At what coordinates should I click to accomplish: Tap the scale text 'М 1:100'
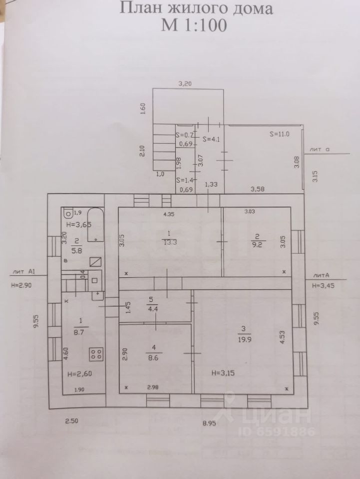coord(194,25)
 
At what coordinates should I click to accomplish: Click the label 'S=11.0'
coord(280,133)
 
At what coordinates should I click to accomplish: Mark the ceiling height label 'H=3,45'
coord(323,286)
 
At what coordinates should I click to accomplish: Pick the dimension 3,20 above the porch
coord(185,84)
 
